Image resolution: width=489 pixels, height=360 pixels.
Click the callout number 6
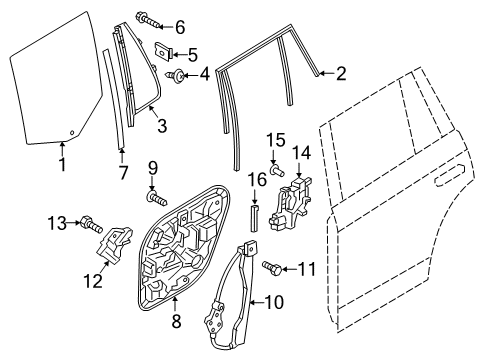point(180,27)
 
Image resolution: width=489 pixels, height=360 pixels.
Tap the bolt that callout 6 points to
point(148,19)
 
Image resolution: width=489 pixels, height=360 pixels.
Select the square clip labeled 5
point(164,51)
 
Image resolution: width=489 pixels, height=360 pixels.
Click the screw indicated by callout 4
point(175,75)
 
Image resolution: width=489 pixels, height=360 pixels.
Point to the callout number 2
point(341,73)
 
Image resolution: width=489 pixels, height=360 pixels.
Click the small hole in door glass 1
point(72,132)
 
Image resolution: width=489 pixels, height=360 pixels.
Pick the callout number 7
point(123,173)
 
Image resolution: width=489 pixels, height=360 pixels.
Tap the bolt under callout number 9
point(157,199)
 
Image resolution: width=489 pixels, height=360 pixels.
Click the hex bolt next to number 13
point(91,225)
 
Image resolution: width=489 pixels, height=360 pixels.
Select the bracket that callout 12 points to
point(114,245)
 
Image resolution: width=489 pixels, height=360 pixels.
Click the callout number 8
point(176,321)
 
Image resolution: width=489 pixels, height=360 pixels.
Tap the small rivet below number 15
point(277,169)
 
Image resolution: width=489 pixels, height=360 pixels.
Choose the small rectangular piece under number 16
point(254,219)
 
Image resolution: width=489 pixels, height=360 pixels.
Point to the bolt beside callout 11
point(272,268)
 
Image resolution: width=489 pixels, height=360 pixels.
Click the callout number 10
point(274,302)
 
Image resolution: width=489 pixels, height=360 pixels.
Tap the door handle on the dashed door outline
point(449,175)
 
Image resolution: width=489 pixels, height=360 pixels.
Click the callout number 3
point(162,126)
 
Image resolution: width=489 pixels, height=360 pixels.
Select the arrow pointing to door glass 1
point(62,149)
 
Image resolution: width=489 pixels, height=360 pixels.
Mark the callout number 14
point(302,153)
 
